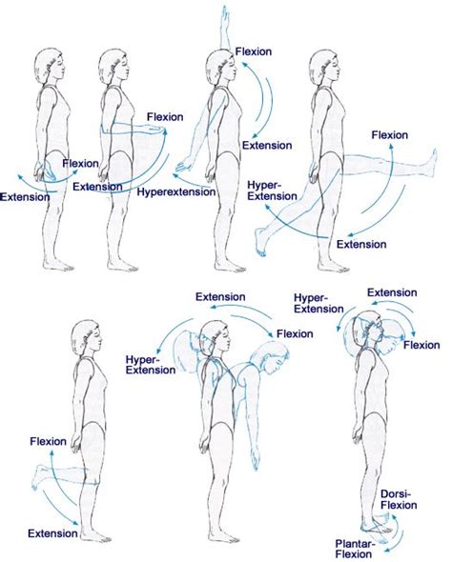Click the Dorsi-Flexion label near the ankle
[399, 500]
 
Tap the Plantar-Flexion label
[355, 549]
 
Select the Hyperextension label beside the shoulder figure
[176, 191]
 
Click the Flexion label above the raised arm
[254, 51]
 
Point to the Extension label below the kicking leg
[361, 245]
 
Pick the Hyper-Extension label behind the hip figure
[273, 191]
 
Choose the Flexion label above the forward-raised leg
[390, 135]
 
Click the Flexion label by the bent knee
[48, 441]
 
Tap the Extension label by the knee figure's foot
[52, 533]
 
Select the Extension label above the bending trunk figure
[220, 297]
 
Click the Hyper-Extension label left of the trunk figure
[151, 365]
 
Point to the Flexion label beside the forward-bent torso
[295, 334]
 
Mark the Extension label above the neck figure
[392, 292]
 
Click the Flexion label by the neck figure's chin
[421, 345]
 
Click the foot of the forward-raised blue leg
[432, 162]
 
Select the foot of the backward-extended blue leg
[261, 242]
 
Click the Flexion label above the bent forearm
[165, 117]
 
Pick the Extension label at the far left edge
[25, 197]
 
